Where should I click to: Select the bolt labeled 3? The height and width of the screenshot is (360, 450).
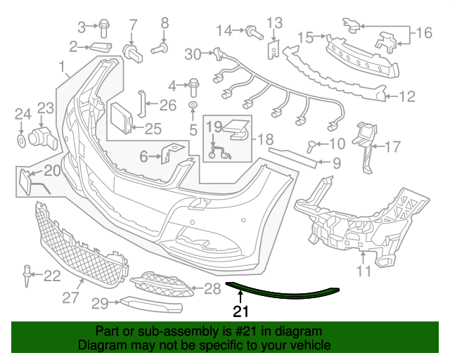(x=103, y=27)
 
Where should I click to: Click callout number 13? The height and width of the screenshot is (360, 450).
(x=274, y=24)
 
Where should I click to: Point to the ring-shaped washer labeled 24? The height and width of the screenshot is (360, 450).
(x=21, y=142)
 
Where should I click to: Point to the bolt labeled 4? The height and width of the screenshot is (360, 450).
(x=193, y=88)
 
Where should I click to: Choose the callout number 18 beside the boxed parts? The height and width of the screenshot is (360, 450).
(x=264, y=141)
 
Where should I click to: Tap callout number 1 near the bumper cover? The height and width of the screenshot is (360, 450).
(x=64, y=68)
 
